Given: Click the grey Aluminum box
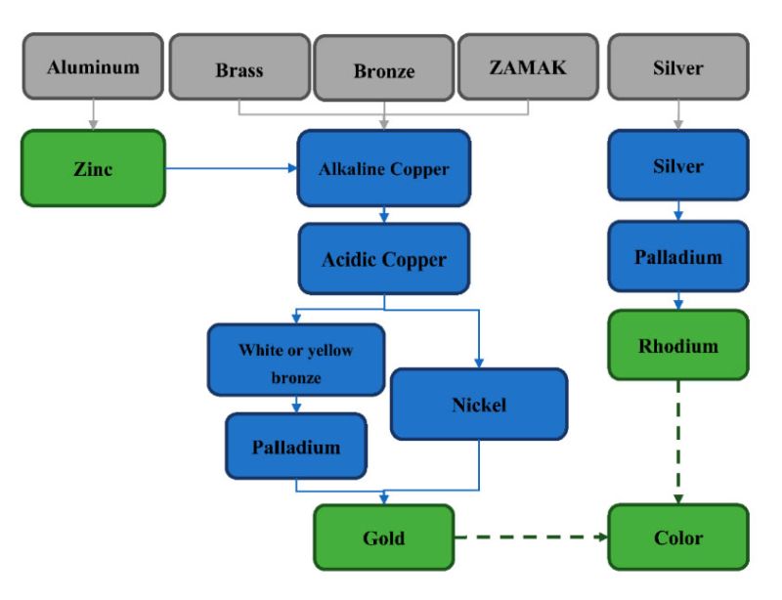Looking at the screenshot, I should tap(92, 67).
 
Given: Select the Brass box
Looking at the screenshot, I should tap(240, 68).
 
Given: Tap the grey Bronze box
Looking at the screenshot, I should tap(383, 70).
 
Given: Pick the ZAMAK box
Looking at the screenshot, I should tap(527, 68).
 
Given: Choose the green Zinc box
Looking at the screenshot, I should tap(92, 168).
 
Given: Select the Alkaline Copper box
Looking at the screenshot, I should tap(383, 169).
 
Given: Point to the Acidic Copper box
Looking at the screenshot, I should tap(383, 260).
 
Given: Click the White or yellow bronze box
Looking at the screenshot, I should tap(295, 362).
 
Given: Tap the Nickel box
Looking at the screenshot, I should tap(478, 404).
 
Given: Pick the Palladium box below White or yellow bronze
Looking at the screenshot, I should tap(295, 448).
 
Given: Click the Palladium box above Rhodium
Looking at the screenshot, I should tap(677, 258).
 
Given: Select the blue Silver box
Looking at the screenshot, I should tap(677, 167).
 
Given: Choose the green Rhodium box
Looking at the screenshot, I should tap(677, 346).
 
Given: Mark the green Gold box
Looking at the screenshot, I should tap(383, 537).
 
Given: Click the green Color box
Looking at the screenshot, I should tap(677, 537).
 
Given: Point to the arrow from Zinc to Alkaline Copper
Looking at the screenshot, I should tap(231, 168).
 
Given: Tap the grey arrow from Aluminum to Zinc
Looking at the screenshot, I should tap(92, 115).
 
